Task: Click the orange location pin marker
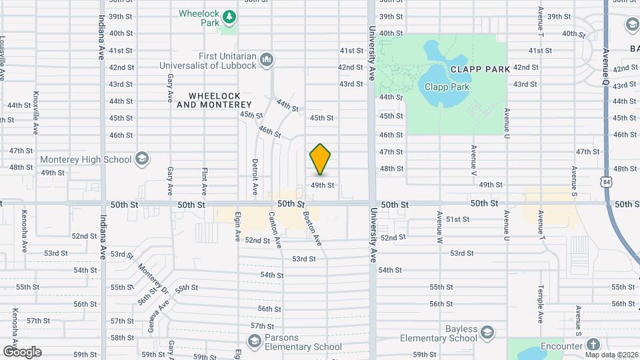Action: (x=321, y=159)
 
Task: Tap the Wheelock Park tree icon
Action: (x=228, y=15)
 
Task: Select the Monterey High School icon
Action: (x=141, y=159)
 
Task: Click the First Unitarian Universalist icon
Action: (x=267, y=60)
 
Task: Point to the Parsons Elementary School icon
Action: (x=253, y=341)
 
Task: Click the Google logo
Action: (x=22, y=351)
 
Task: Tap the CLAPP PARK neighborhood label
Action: (x=480, y=69)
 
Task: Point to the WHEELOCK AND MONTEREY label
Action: (x=215, y=100)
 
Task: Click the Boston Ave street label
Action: (x=312, y=228)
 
